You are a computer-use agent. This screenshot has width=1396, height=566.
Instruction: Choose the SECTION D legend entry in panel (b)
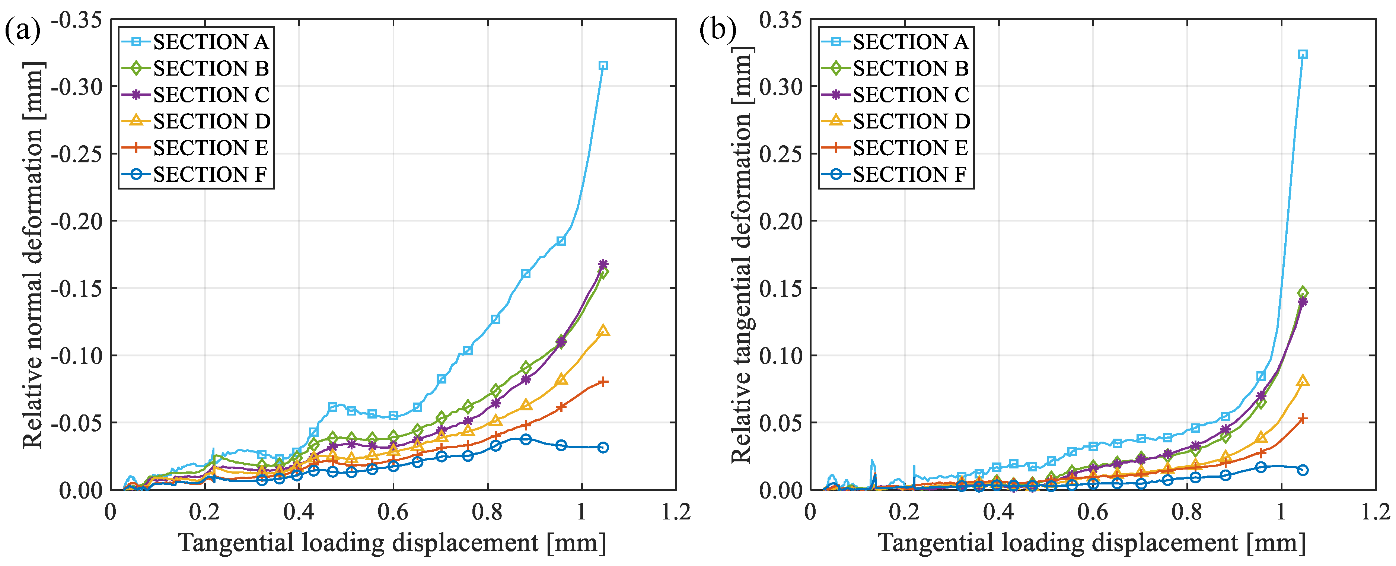click(x=896, y=121)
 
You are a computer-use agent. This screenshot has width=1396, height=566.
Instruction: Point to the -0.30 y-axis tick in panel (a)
click(x=77, y=86)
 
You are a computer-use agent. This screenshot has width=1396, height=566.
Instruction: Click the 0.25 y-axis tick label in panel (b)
click(x=780, y=154)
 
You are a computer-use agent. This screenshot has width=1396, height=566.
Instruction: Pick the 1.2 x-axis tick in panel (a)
click(x=676, y=511)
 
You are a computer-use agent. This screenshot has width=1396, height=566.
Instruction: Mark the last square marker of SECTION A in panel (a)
click(x=603, y=66)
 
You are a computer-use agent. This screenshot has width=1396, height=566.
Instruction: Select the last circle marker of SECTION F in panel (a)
click(x=603, y=447)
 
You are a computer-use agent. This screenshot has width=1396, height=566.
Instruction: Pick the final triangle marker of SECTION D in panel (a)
click(x=603, y=331)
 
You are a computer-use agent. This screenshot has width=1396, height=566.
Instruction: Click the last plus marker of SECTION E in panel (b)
click(x=1303, y=419)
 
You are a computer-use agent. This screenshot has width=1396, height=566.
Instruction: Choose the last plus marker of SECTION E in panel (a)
click(x=603, y=382)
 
